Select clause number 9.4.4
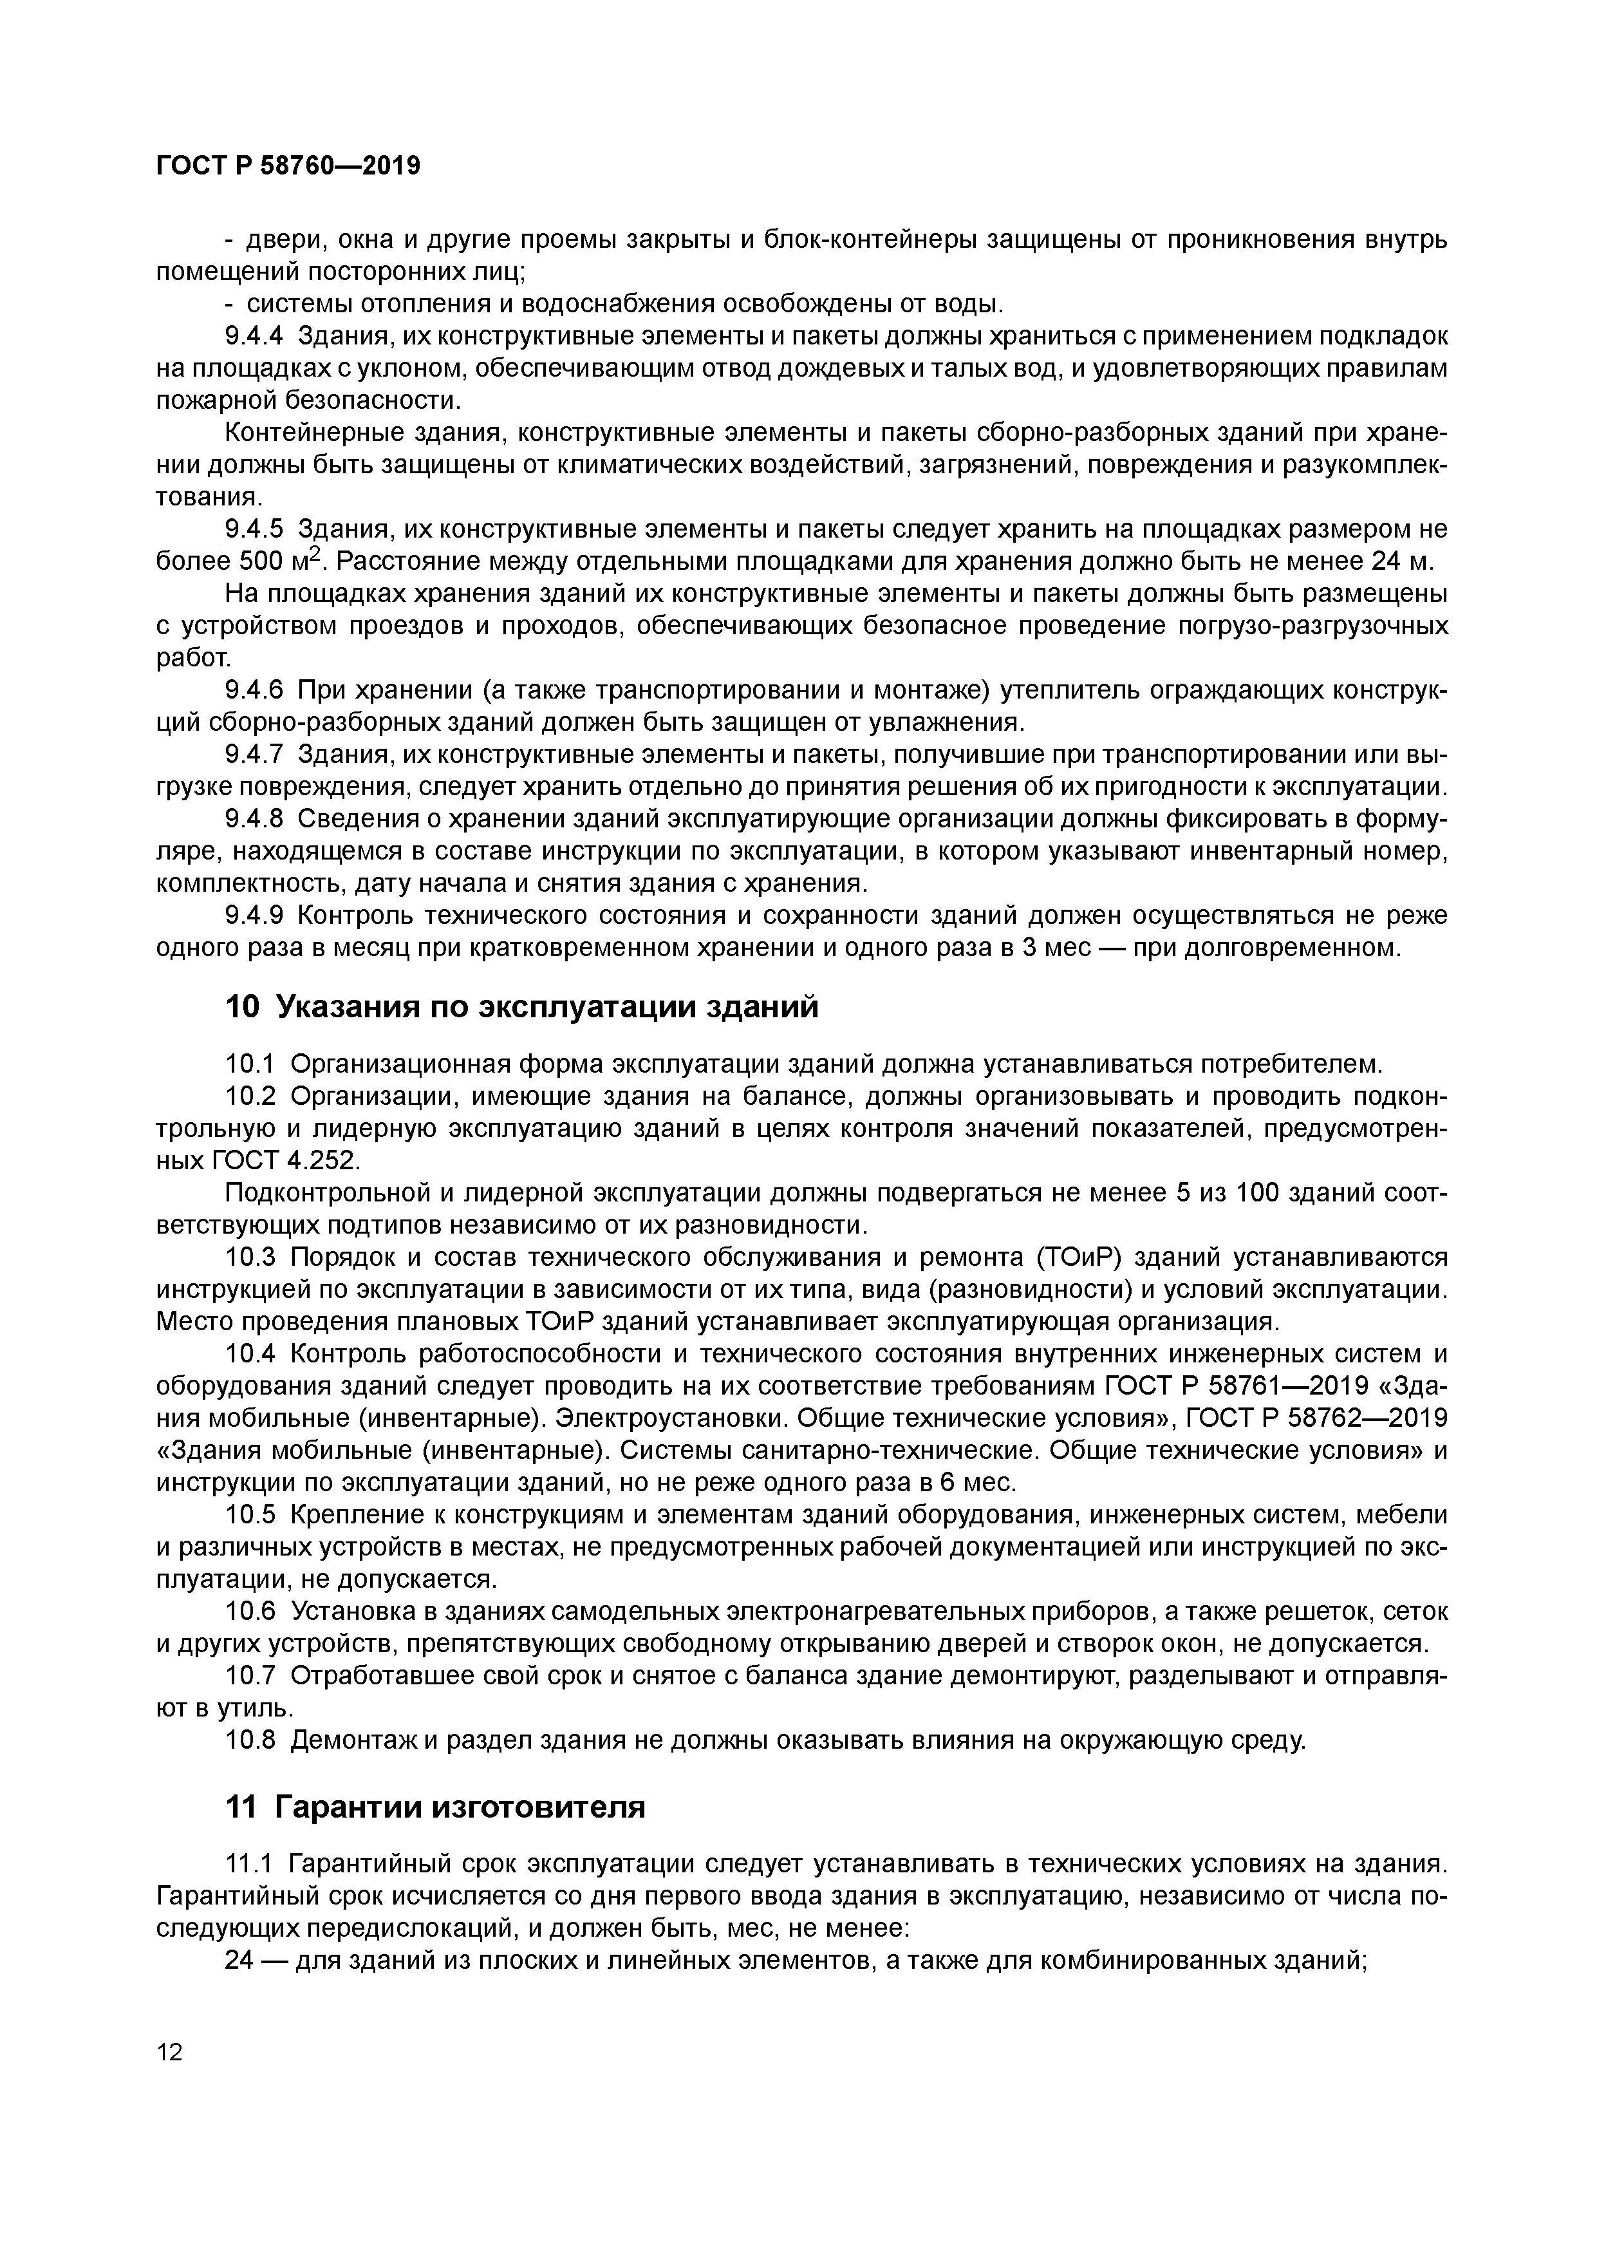click(254, 335)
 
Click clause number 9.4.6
click(254, 690)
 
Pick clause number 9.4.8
click(254, 819)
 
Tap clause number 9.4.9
click(254, 916)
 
